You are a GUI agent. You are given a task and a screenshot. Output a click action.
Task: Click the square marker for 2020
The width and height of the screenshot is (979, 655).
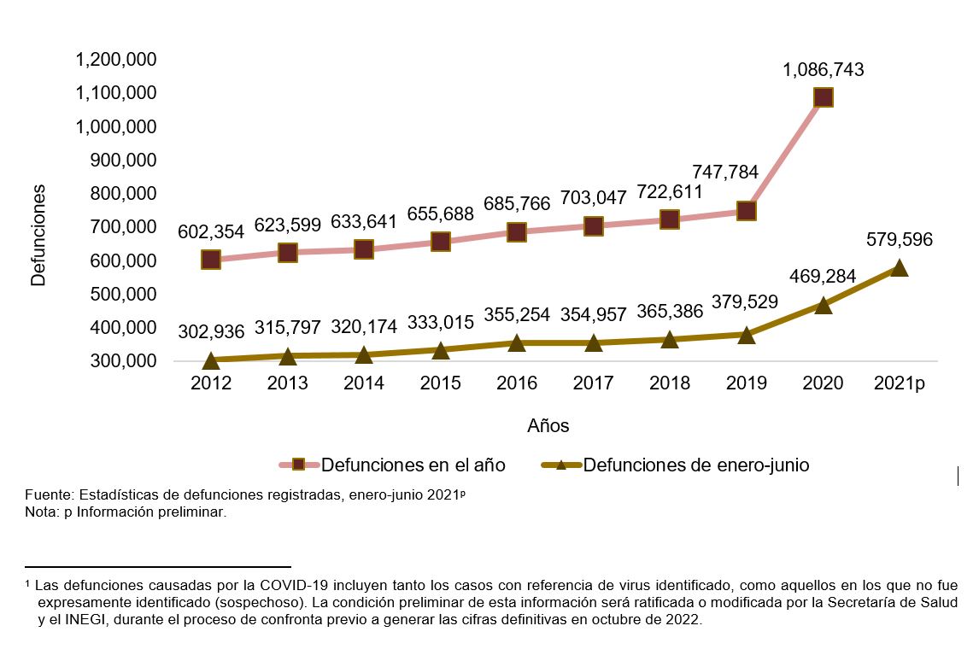pos(823,97)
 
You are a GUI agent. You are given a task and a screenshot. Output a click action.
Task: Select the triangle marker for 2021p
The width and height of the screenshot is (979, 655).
pos(899,268)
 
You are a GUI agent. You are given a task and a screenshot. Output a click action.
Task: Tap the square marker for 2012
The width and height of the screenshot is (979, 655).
pos(211,260)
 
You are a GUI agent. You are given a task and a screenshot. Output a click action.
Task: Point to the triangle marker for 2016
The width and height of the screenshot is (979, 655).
pos(517,342)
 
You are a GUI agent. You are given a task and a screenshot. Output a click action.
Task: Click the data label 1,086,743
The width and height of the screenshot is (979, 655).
pos(823,70)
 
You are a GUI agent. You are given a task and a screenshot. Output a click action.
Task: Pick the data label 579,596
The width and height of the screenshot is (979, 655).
pos(899,240)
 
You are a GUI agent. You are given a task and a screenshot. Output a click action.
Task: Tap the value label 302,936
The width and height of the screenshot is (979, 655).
pos(211,331)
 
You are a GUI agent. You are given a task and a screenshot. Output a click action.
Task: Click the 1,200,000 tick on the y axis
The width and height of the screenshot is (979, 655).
pos(115,60)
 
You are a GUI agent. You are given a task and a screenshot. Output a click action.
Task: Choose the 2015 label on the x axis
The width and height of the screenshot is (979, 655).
pos(441,383)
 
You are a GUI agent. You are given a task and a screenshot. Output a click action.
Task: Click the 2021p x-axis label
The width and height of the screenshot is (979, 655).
pos(899,383)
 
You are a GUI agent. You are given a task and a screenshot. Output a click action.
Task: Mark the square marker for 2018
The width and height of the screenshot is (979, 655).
pos(670,219)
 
